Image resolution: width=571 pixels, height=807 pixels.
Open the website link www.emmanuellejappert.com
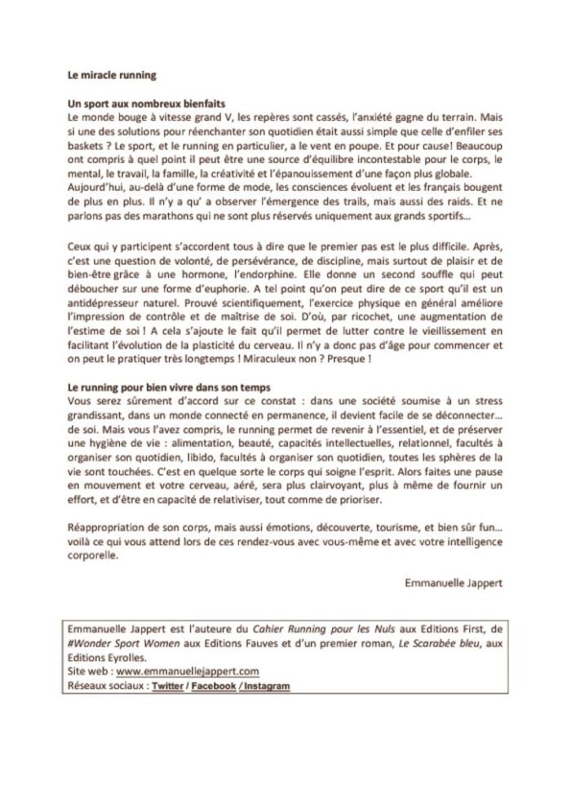(188, 671)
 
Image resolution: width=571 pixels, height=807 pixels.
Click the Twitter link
(167, 686)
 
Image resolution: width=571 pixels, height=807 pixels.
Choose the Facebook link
(214, 686)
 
